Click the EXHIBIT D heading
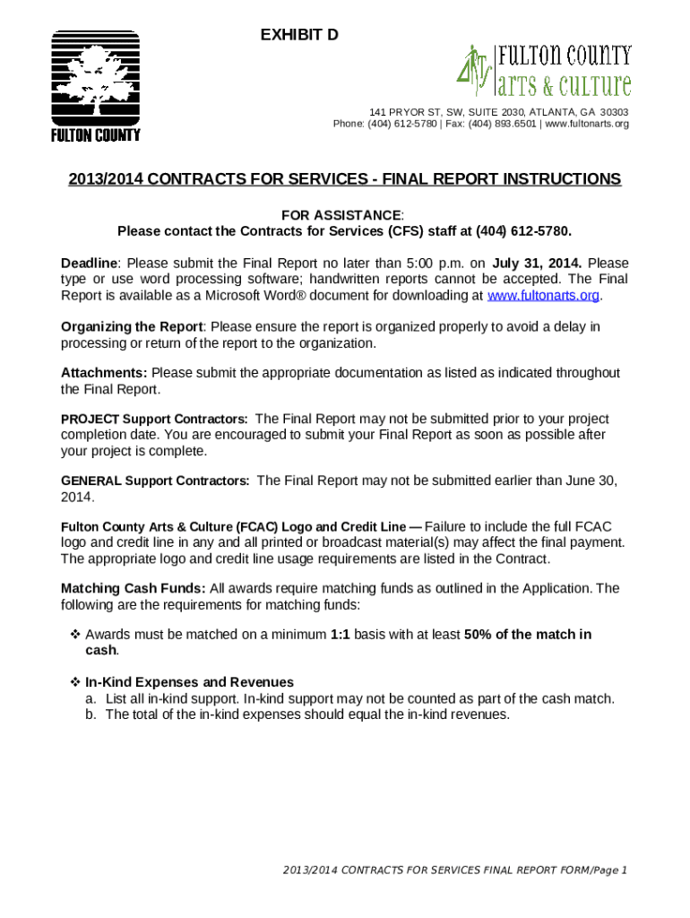tap(299, 35)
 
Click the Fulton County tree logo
tap(94, 86)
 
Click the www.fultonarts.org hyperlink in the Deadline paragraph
tap(542, 296)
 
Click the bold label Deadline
tap(89, 263)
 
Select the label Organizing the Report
tap(133, 326)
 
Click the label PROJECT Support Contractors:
tap(154, 420)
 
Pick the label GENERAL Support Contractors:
tap(155, 481)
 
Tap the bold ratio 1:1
tap(340, 635)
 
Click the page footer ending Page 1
tap(454, 870)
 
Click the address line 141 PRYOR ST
tap(499, 112)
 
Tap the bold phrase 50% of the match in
tap(528, 635)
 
